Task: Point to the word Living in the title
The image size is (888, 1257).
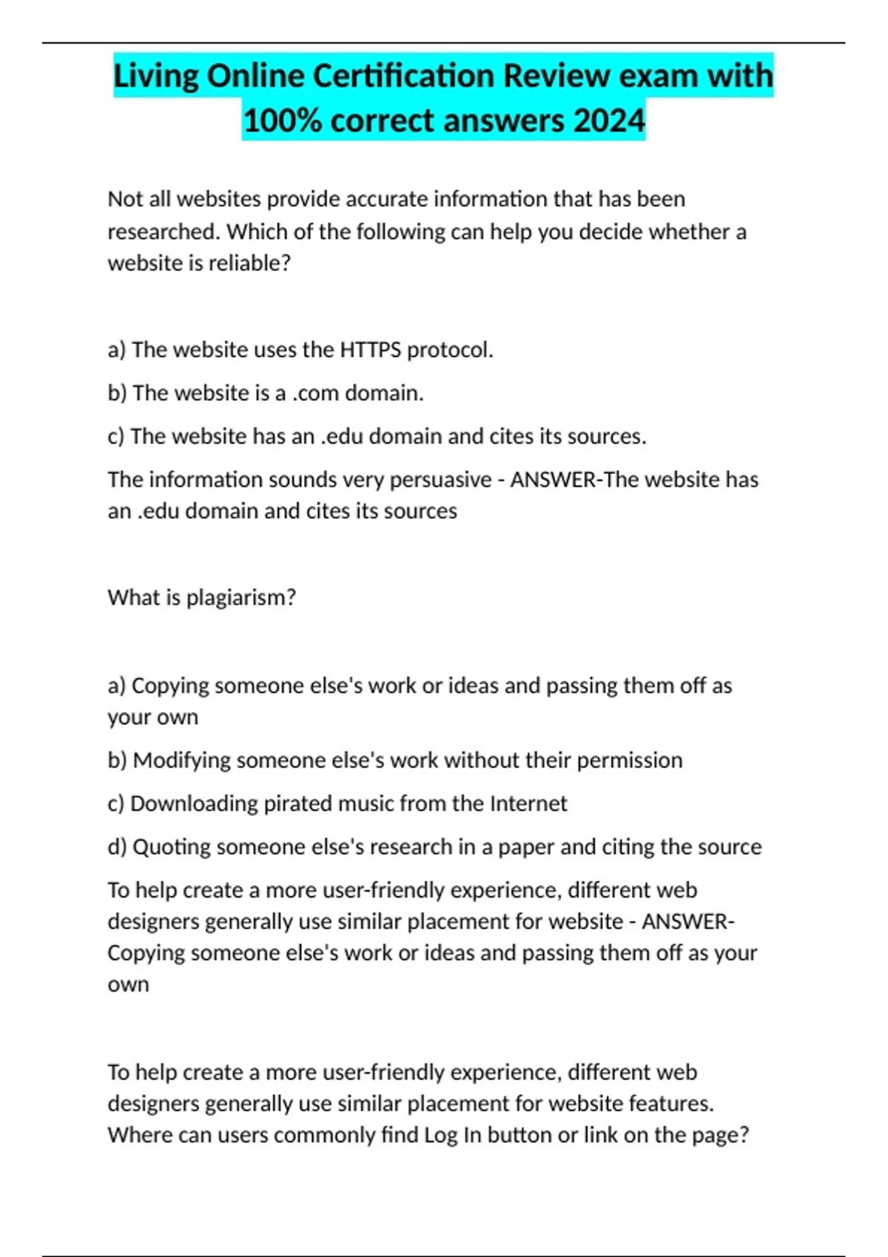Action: coord(156,76)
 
